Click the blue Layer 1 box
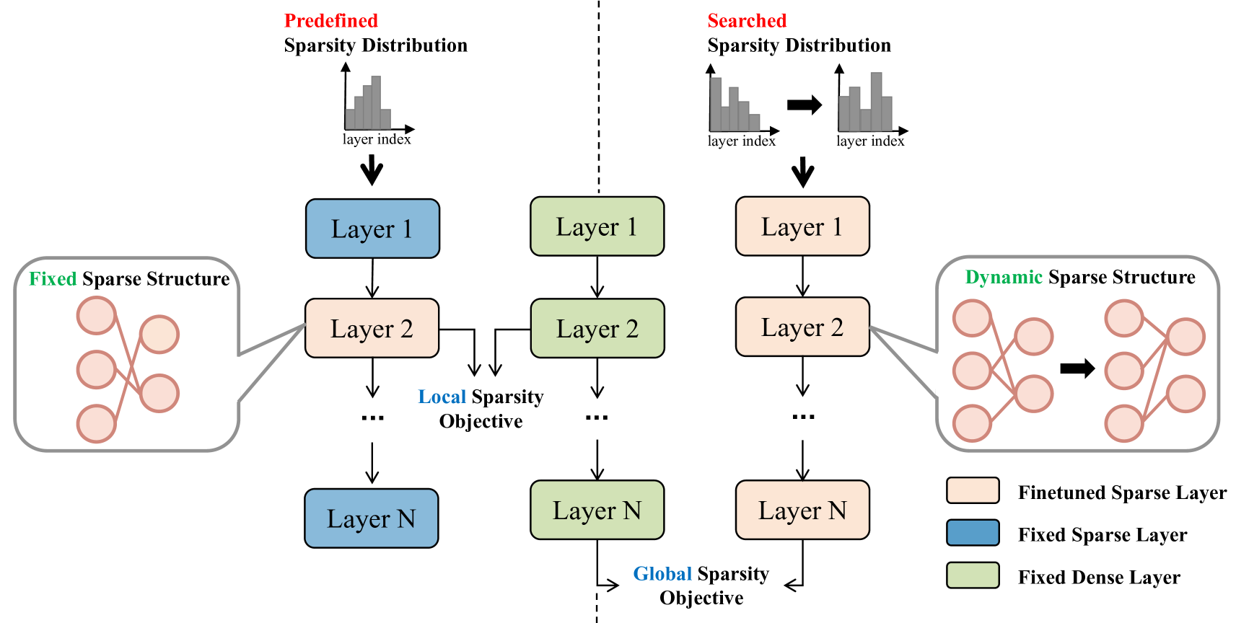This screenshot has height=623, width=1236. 372,229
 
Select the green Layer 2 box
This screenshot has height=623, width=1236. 597,329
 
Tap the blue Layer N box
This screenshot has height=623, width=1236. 371,518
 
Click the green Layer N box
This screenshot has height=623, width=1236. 597,511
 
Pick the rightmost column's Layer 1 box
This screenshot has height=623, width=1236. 802,226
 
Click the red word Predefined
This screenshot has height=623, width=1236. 330,21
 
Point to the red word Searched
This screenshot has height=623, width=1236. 746,21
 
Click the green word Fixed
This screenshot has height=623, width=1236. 53,279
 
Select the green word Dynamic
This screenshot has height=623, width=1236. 1003,278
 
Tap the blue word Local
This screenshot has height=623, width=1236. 442,397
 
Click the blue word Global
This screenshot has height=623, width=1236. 662,574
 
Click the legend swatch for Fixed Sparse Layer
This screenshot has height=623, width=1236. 973,533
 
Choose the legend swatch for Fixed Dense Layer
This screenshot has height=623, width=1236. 973,575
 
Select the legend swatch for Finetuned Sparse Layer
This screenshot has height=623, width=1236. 973,490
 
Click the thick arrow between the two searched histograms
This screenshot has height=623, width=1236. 804,105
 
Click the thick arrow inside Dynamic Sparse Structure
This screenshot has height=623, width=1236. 1077,369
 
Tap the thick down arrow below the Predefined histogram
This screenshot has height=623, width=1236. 372,171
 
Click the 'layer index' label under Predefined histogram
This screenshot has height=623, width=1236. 376,139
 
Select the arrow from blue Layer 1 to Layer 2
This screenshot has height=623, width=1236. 372,278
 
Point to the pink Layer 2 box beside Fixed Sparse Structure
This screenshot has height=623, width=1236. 372,329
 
